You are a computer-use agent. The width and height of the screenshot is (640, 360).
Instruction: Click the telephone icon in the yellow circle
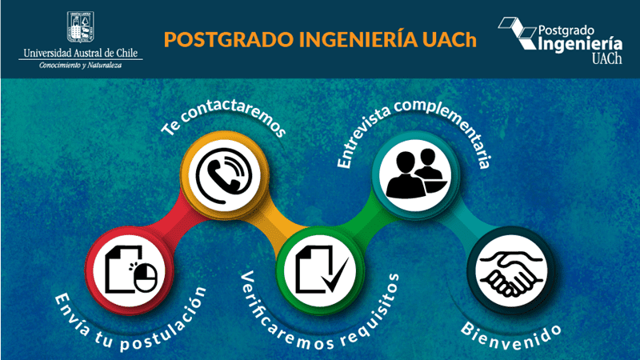point(224,176)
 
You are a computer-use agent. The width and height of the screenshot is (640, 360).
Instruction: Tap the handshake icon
point(511,271)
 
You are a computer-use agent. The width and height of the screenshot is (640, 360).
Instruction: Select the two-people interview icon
point(416,174)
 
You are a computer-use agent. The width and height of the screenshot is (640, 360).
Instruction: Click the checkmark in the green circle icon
point(336,274)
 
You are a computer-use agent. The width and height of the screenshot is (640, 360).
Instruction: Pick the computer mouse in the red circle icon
point(146,278)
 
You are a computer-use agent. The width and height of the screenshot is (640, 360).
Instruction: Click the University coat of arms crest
point(81,27)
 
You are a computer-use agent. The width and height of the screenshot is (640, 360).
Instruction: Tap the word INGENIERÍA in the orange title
point(358,39)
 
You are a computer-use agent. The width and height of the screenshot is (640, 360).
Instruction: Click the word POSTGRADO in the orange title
point(229,39)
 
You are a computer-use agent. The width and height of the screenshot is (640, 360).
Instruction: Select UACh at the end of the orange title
point(450,39)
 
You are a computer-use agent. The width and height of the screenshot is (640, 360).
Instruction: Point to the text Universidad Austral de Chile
point(81,53)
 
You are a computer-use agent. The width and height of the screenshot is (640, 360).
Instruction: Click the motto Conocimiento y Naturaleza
point(81,66)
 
